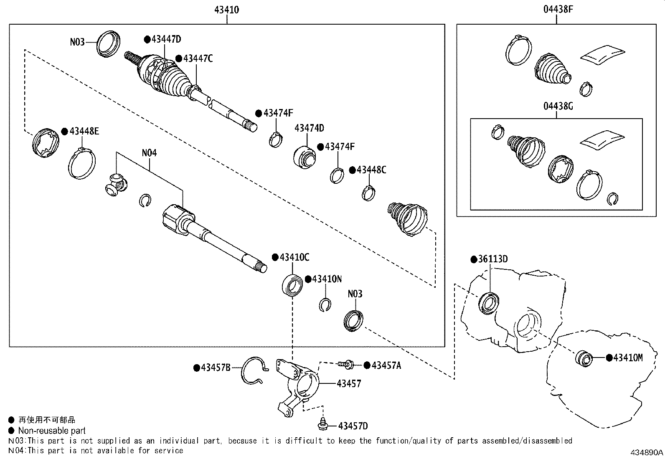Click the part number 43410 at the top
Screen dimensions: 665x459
pyautogui.click(x=226, y=10)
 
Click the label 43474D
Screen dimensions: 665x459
pyautogui.click(x=310, y=128)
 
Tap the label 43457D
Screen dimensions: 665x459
pyautogui.click(x=353, y=426)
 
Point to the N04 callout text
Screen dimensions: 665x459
pyautogui.click(x=149, y=153)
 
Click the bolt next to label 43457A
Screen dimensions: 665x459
pyautogui.click(x=346, y=364)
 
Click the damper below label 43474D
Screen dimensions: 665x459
pyautogui.click(x=304, y=157)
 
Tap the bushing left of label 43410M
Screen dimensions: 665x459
pyautogui.click(x=584, y=359)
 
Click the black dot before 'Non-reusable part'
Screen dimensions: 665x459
pyautogui.click(x=11, y=431)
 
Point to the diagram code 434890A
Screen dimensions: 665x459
pyautogui.click(x=647, y=452)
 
